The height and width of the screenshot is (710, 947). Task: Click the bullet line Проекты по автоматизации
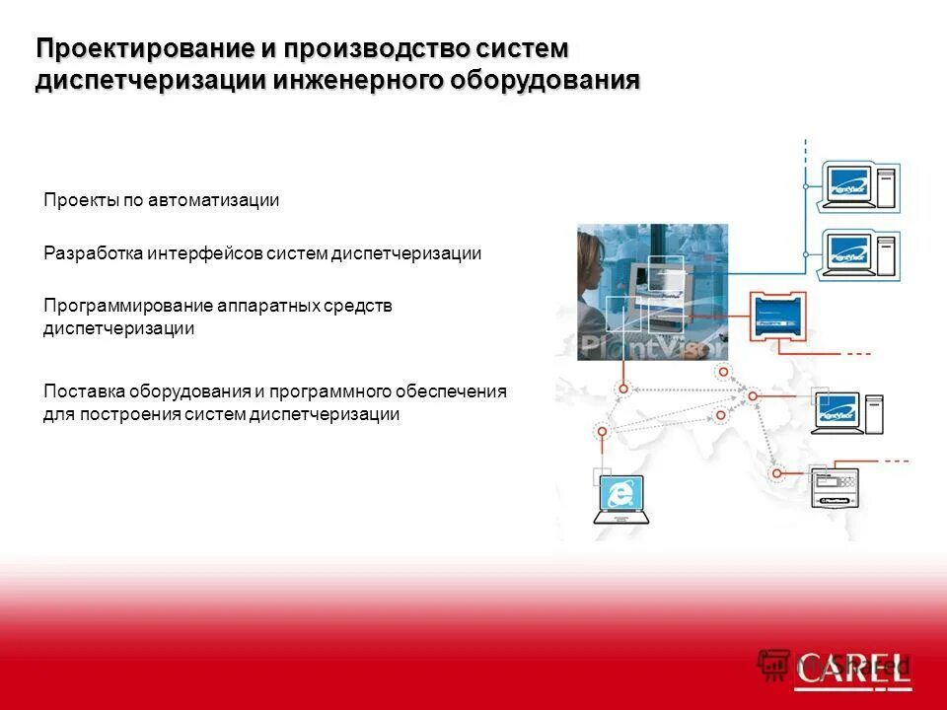[161, 200]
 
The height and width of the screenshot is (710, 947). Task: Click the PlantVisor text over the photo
[651, 347]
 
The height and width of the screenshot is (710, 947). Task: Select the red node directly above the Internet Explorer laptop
[601, 430]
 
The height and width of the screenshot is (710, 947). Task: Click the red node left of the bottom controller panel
[777, 473]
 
